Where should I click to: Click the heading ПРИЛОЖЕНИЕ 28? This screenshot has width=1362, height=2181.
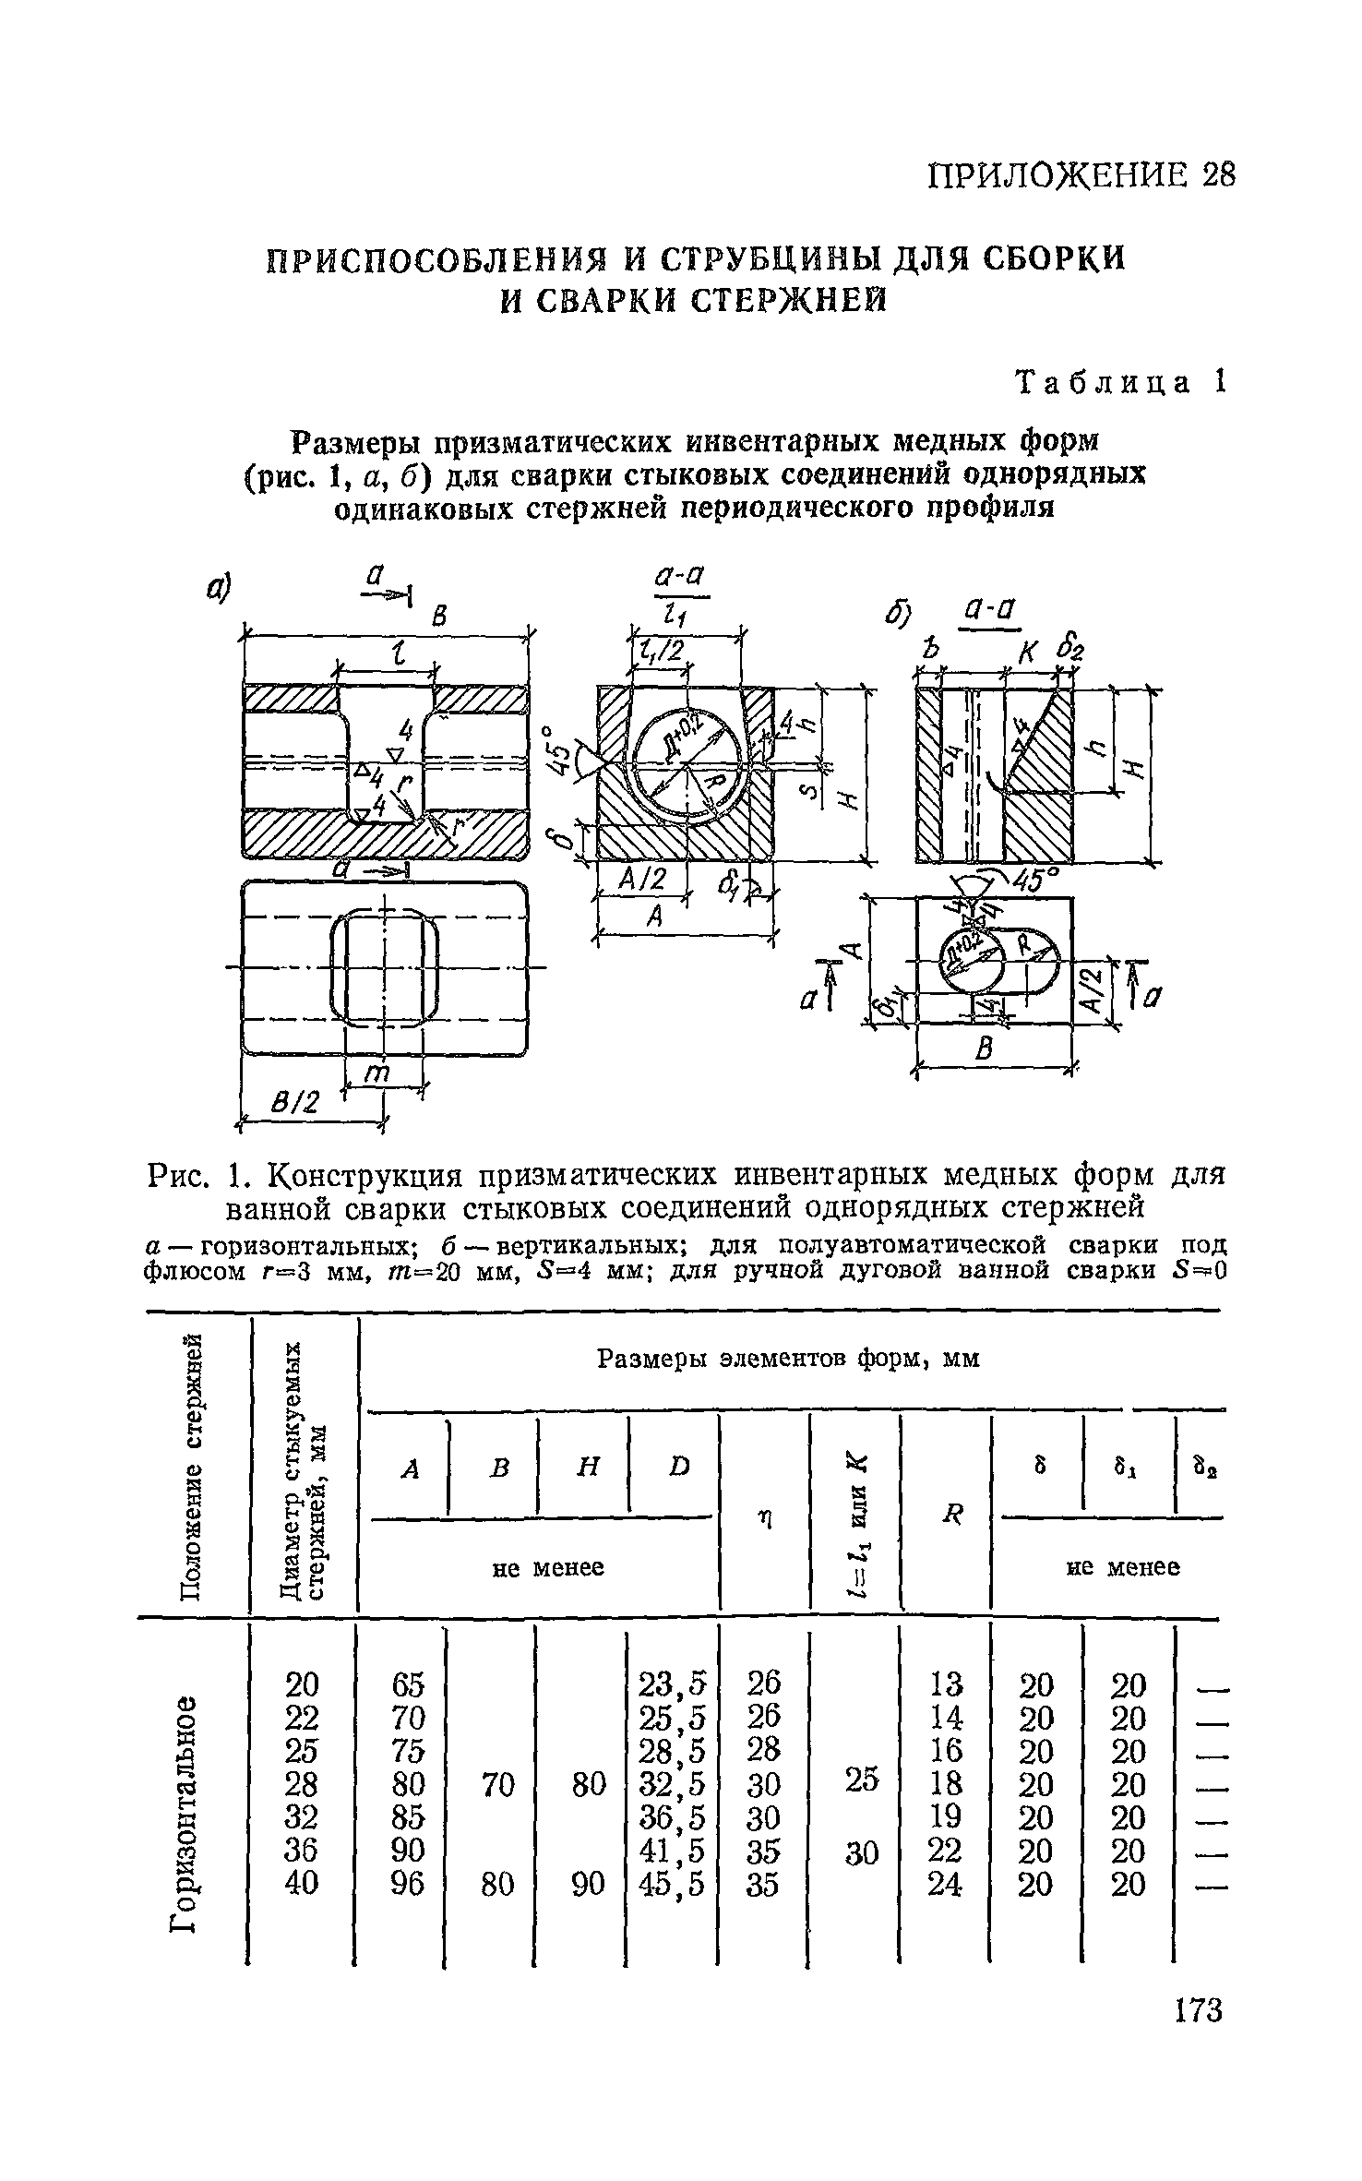click(x=1079, y=174)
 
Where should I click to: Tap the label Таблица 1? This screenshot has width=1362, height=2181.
click(x=1120, y=382)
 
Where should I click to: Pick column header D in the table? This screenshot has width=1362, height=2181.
click(x=679, y=1467)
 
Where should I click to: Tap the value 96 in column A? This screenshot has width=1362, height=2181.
click(x=406, y=1883)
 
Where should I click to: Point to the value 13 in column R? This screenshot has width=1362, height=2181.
click(x=946, y=1684)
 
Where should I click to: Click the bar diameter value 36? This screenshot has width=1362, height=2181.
click(x=302, y=1850)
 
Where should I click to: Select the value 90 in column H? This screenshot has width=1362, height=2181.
click(x=588, y=1883)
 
